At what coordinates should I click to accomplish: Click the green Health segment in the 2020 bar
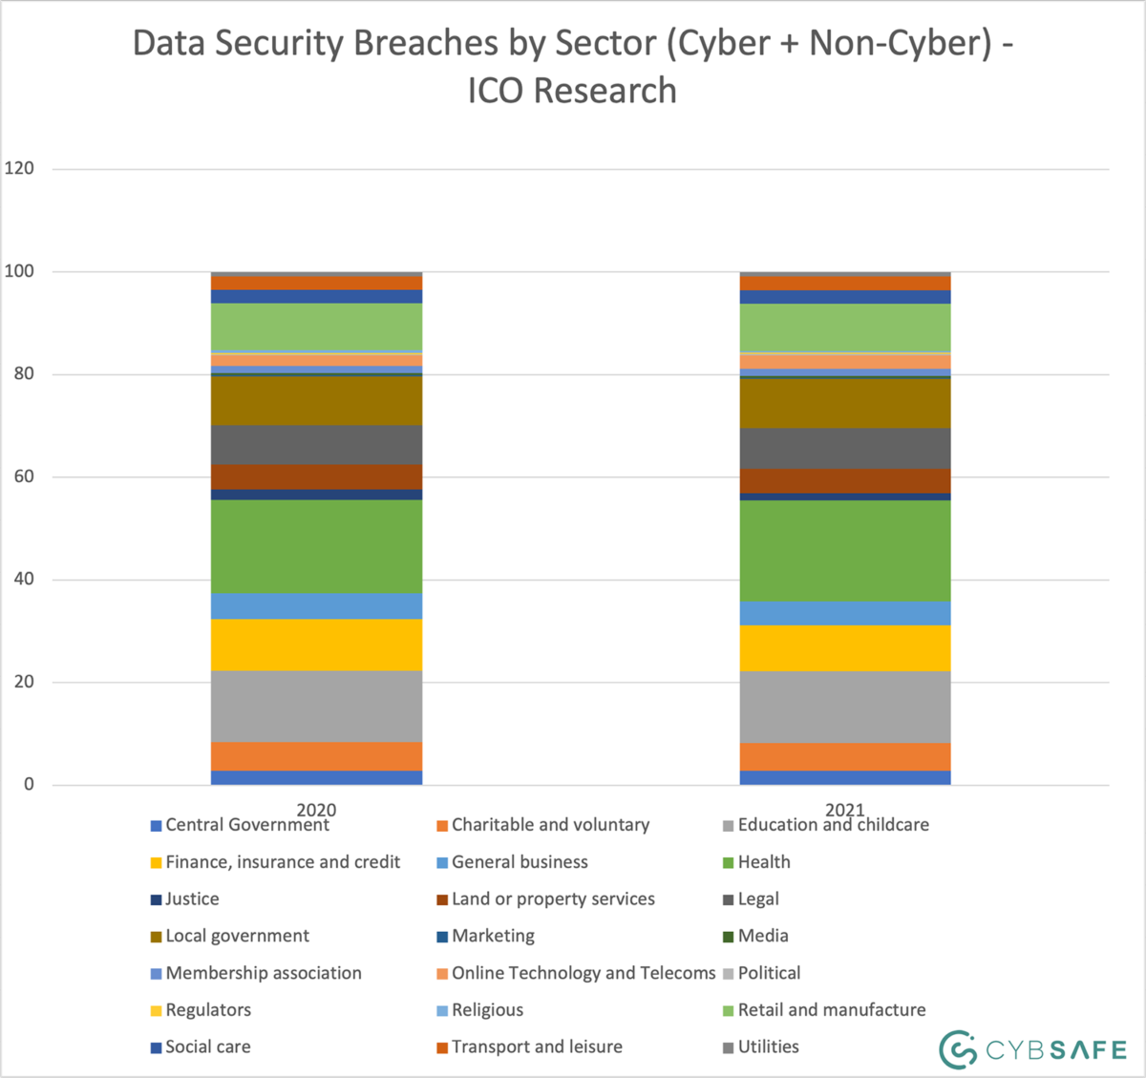click(316, 546)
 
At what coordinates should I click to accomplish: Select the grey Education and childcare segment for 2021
click(845, 707)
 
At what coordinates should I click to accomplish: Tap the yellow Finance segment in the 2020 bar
click(316, 645)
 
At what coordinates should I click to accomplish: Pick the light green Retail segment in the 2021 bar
click(845, 328)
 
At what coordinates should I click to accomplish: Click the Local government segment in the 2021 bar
click(845, 403)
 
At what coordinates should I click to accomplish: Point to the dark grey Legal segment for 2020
click(316, 445)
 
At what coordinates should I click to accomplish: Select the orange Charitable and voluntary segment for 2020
click(316, 756)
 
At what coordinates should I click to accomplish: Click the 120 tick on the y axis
click(19, 168)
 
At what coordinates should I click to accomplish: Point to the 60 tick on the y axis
click(24, 476)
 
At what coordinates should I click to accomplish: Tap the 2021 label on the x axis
click(845, 810)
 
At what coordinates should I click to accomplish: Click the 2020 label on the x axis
click(316, 810)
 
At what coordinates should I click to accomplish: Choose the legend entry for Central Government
click(246, 825)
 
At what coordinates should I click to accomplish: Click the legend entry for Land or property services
click(553, 898)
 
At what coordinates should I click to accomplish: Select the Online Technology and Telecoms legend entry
click(583, 973)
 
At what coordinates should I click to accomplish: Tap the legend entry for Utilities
click(768, 1046)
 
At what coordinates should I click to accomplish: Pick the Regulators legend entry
click(207, 1009)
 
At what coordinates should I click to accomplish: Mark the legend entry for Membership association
click(263, 973)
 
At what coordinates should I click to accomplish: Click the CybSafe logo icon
click(957, 1049)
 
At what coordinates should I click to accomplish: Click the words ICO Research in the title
click(572, 91)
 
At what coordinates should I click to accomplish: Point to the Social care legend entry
click(207, 1046)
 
